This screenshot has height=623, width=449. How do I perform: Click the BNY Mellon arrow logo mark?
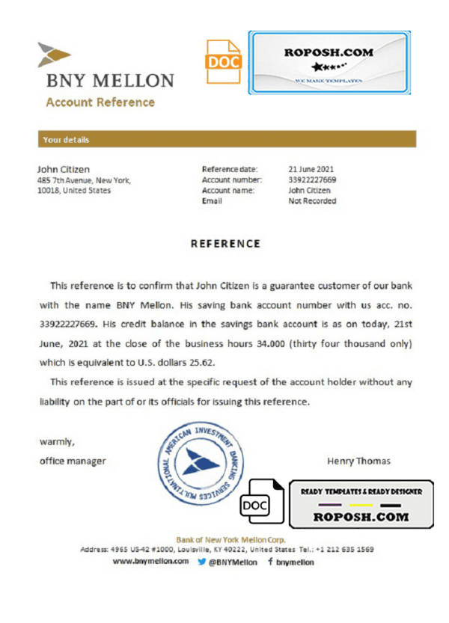coord(54,55)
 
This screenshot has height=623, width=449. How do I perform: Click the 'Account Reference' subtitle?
coord(100,102)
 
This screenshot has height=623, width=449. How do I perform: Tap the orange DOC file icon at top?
coord(224,63)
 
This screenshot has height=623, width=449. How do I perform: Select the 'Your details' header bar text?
coord(66,140)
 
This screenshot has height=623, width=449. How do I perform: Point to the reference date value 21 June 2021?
coord(311,169)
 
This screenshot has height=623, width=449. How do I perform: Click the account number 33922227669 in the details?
coord(312,179)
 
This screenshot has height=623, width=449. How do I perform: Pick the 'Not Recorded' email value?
coord(312,200)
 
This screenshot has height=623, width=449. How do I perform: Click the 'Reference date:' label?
coord(230,169)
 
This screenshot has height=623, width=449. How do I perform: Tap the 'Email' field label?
coord(213,200)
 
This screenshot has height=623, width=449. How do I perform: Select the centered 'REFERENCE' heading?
coord(224,244)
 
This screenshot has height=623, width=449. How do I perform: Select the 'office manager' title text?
coord(72,461)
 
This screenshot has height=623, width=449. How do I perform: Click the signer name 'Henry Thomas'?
coord(358,461)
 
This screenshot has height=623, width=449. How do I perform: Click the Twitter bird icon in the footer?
coord(201,561)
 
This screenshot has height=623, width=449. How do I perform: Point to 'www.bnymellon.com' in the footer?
coord(150,561)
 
